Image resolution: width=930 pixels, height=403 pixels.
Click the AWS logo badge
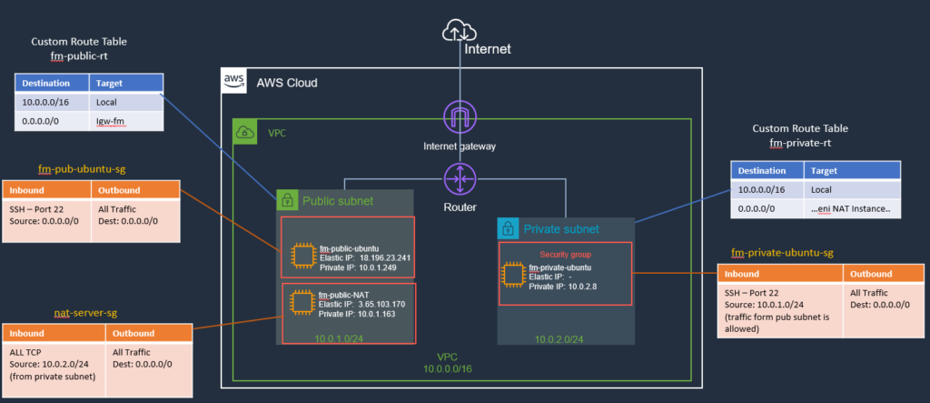click(233, 82)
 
